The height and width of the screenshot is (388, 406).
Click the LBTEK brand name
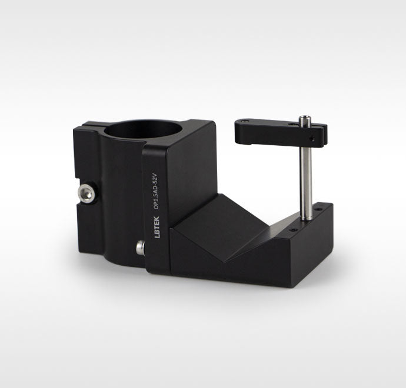click(157, 227)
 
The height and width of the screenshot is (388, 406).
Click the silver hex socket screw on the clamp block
click(86, 193)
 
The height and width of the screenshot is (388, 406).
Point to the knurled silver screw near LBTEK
click(141, 248)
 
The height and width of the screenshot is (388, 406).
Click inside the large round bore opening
click(142, 129)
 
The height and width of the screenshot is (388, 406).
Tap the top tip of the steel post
click(305, 116)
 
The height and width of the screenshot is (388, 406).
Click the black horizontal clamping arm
click(281, 133)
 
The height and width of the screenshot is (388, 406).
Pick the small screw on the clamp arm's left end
click(245, 121)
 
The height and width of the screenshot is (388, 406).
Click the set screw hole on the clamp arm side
click(313, 140)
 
